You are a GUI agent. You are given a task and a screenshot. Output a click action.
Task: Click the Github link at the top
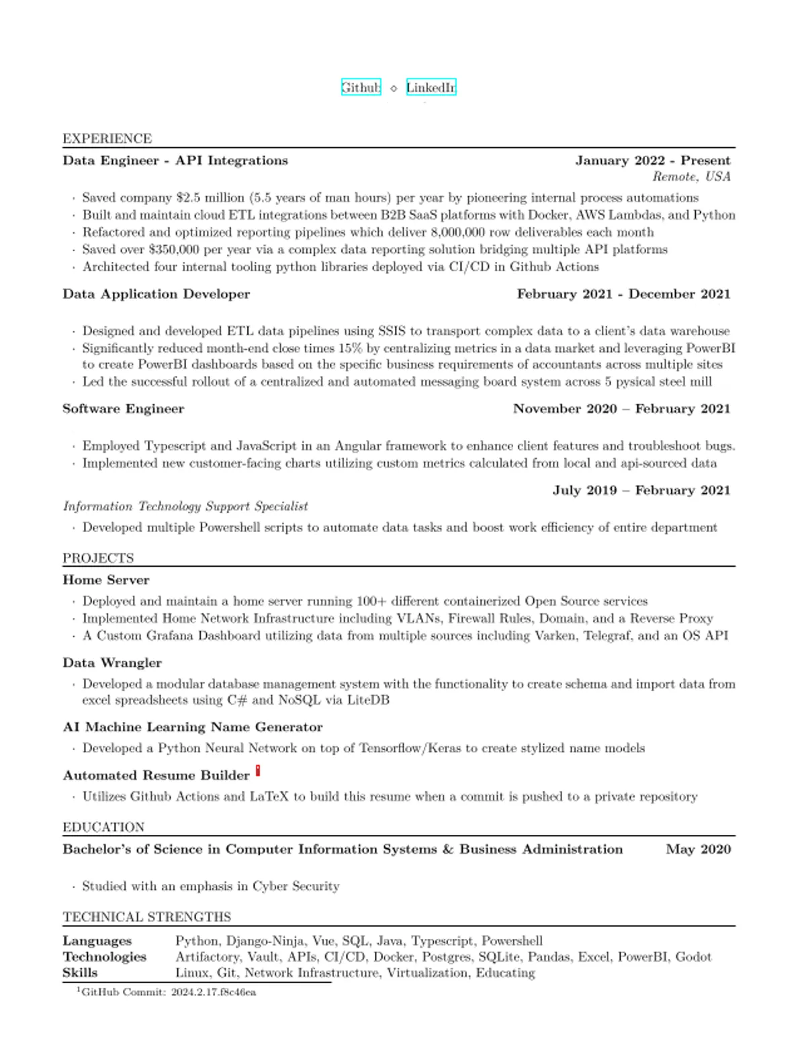(x=361, y=87)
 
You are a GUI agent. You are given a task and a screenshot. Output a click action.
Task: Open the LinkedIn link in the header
(x=431, y=87)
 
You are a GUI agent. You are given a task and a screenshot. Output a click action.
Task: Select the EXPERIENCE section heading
(x=107, y=138)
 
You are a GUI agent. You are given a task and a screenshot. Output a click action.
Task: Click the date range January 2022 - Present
(x=652, y=161)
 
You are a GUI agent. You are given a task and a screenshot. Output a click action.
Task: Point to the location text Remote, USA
(x=691, y=177)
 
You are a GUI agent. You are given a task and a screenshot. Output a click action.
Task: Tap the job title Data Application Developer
(x=156, y=294)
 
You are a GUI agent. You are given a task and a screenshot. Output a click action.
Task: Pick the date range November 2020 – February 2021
(x=621, y=409)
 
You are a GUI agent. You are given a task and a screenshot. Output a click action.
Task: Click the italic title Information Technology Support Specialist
(x=185, y=506)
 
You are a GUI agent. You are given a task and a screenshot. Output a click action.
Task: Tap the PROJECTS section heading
(x=98, y=558)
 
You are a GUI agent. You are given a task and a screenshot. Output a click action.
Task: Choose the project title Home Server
(x=106, y=580)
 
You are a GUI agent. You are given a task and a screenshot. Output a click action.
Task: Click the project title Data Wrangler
(x=112, y=663)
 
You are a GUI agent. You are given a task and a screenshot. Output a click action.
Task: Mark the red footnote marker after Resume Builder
(x=258, y=771)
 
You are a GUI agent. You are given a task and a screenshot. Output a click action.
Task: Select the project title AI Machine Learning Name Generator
(x=193, y=727)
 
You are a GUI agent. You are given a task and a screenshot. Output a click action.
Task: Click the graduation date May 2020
(x=698, y=850)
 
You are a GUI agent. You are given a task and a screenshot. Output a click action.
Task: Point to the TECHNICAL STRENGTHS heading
(x=147, y=917)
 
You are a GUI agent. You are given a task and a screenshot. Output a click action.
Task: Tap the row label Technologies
(x=104, y=957)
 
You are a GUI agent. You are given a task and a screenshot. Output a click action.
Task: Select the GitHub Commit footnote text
(x=168, y=992)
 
